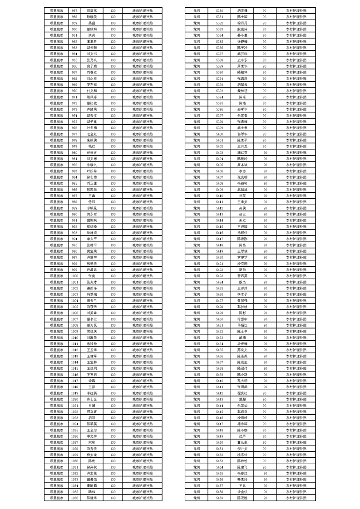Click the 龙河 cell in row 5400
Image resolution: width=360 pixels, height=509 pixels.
(197, 134)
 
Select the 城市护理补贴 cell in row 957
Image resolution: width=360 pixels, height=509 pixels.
(142, 10)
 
